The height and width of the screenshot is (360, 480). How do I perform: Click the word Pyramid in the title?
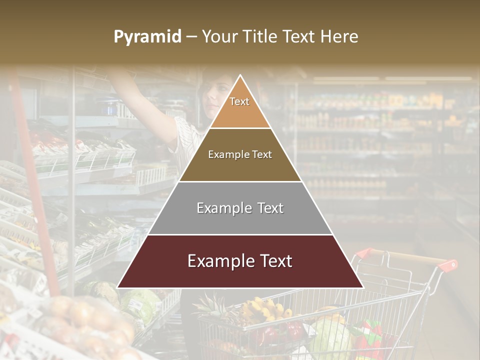tap(147, 37)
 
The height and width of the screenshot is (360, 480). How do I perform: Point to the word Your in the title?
tap(219, 37)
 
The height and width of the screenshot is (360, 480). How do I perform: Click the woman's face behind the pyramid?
tap(212, 97)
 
